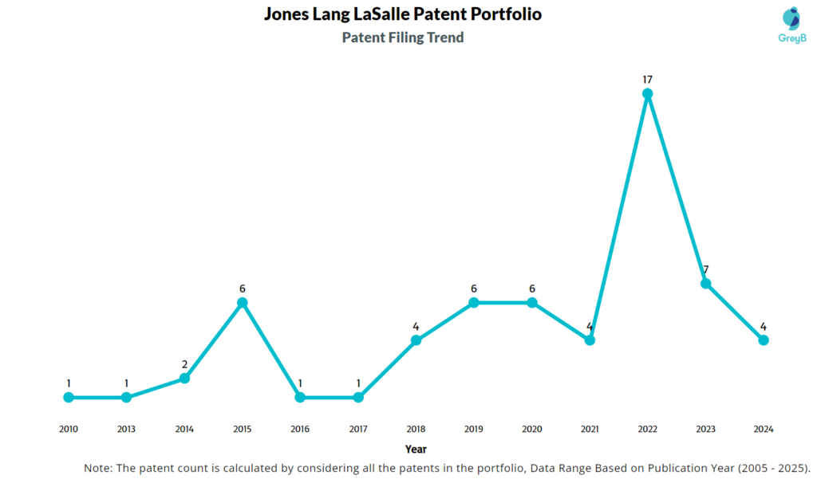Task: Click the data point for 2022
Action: (x=648, y=94)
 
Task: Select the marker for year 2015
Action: (x=243, y=303)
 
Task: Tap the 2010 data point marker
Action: (x=69, y=397)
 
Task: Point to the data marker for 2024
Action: (x=764, y=340)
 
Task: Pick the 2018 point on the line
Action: (x=416, y=340)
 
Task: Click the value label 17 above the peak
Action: (x=648, y=80)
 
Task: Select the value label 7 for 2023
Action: (x=705, y=269)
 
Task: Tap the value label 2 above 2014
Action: (x=184, y=364)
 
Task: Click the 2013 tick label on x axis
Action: (x=126, y=429)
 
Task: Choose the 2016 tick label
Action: (x=300, y=429)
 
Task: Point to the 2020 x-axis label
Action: (x=532, y=429)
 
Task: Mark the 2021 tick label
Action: (x=590, y=429)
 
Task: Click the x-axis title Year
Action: (x=416, y=450)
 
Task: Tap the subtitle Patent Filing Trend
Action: (x=403, y=37)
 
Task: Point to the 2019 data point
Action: (x=474, y=303)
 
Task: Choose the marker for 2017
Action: (x=358, y=397)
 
